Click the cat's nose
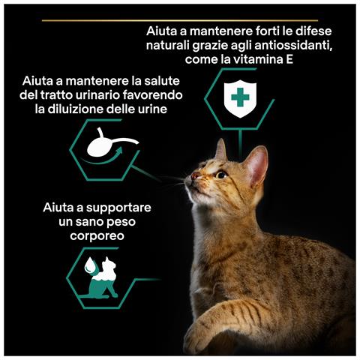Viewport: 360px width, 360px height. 193,177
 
